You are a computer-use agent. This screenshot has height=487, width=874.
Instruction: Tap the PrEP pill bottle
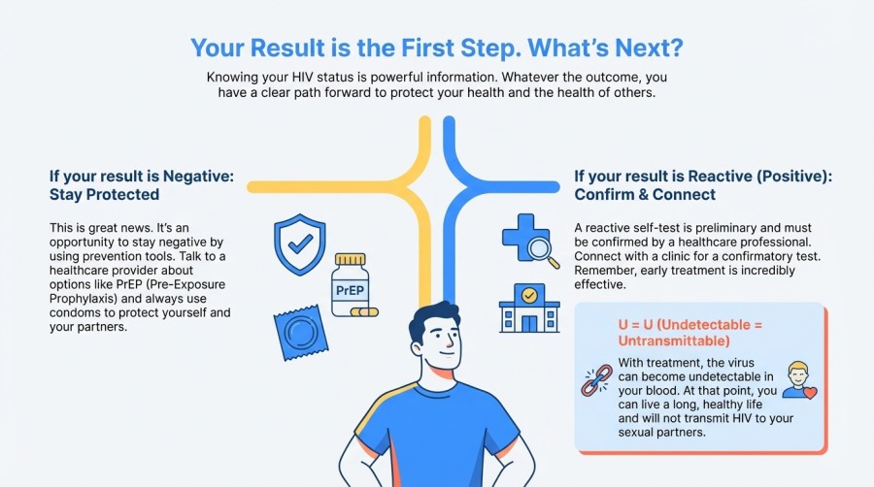click(x=350, y=285)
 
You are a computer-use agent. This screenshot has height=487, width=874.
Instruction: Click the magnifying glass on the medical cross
click(x=542, y=249)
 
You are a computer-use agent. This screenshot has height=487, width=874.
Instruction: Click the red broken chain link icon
click(x=595, y=378)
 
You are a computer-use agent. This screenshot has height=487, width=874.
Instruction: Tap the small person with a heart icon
click(x=798, y=379)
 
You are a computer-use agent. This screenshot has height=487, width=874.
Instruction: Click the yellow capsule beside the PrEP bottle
click(x=364, y=312)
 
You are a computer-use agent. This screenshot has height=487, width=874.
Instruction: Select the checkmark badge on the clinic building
click(x=529, y=293)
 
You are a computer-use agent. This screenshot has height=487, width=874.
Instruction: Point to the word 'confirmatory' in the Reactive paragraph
click(x=735, y=256)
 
